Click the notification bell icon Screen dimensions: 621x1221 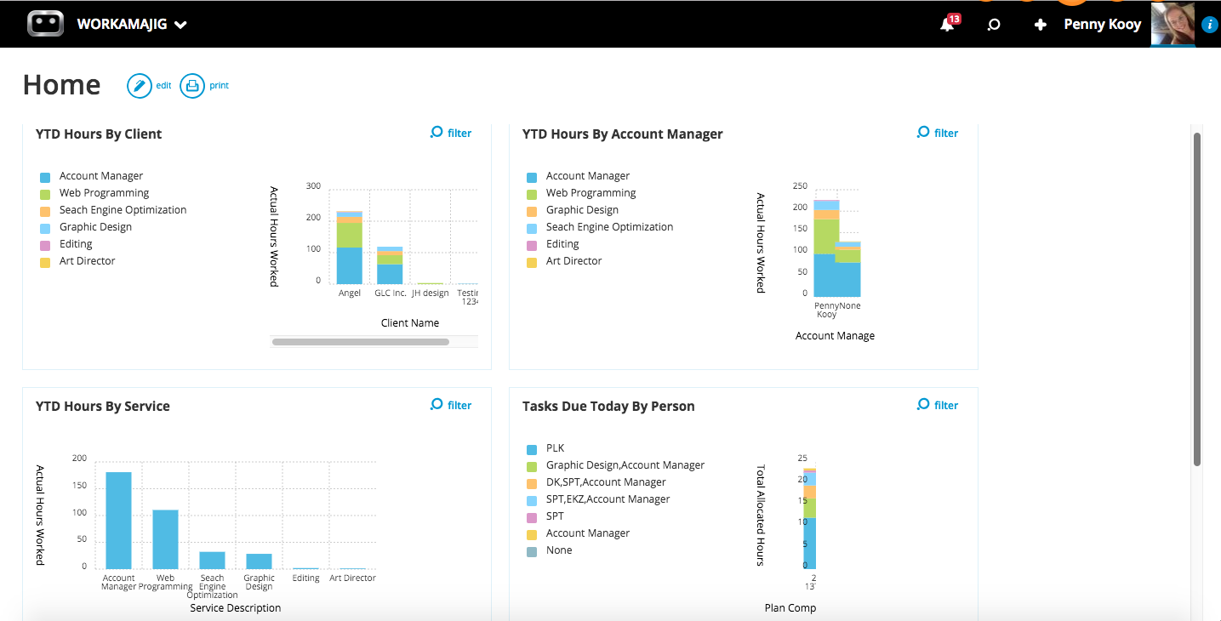pos(946,25)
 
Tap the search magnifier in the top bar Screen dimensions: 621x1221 pos(993,25)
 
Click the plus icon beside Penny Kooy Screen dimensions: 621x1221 pos(1040,25)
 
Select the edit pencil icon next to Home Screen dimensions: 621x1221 pos(140,86)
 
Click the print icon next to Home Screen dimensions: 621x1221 pos(192,86)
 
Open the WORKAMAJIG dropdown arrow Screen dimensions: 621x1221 pos(180,25)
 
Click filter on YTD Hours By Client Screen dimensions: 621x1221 pos(451,133)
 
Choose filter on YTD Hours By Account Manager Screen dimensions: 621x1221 pos(938,133)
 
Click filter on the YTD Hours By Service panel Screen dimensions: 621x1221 pos(451,405)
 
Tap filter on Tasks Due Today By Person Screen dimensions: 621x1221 pos(938,405)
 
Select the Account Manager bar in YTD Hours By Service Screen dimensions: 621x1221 pos(118,521)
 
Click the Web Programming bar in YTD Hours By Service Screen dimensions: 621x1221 pos(165,539)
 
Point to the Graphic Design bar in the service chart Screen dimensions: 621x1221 pos(259,561)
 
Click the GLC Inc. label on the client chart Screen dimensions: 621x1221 pos(390,293)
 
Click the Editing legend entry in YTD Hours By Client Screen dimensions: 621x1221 pos(76,244)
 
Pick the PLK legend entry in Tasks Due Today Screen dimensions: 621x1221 pos(555,448)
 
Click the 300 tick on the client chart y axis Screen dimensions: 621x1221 pos(313,186)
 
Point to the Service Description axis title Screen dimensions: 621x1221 pos(236,608)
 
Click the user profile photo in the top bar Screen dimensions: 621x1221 pos(1173,24)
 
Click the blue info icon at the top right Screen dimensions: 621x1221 pos(1210,26)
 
